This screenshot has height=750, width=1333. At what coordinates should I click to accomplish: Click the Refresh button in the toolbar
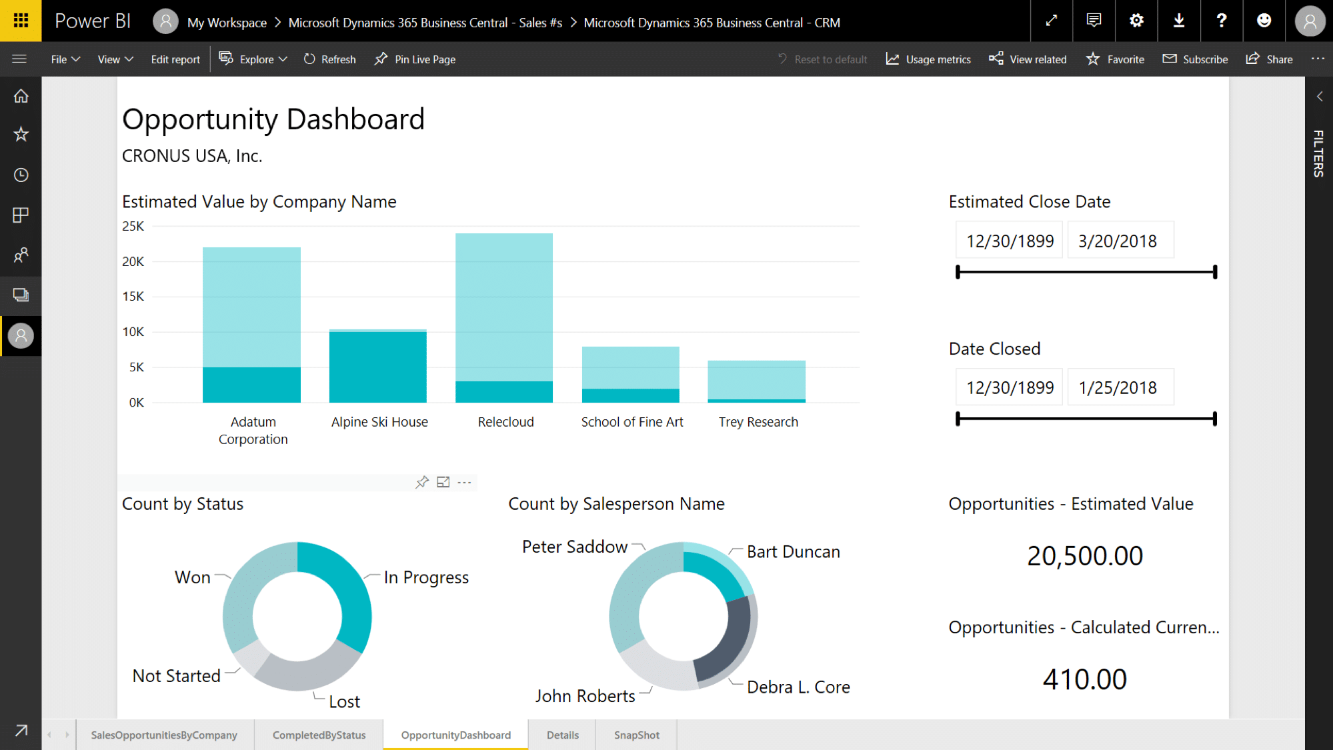click(x=330, y=59)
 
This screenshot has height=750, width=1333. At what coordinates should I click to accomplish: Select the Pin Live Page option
click(x=415, y=59)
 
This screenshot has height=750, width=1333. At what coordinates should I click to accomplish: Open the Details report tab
click(x=562, y=735)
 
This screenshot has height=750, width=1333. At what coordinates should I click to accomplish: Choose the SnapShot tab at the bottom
click(x=636, y=735)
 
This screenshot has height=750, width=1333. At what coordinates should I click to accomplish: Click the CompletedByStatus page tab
click(x=319, y=735)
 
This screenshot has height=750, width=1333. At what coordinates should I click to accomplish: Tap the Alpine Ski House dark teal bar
click(x=378, y=367)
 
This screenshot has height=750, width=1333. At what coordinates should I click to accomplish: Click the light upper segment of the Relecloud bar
click(x=504, y=307)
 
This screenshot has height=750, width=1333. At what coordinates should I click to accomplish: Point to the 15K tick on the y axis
click(x=133, y=297)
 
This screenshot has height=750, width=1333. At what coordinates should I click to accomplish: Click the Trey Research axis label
click(x=758, y=422)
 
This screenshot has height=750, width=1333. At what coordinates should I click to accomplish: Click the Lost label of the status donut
click(x=344, y=702)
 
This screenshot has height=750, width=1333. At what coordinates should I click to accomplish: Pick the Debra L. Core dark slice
click(x=727, y=640)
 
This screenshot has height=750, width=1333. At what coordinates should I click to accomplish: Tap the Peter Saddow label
click(x=575, y=547)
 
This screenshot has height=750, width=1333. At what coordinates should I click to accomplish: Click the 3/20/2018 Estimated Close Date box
click(x=1118, y=241)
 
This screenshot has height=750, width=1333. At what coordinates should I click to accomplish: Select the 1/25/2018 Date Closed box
click(x=1118, y=388)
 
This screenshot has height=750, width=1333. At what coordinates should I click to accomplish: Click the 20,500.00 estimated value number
click(x=1085, y=556)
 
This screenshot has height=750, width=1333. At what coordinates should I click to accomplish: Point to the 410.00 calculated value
click(x=1085, y=679)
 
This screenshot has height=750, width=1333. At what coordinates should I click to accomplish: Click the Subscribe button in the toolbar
click(x=1196, y=59)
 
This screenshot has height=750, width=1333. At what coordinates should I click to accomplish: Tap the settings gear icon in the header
click(x=1137, y=21)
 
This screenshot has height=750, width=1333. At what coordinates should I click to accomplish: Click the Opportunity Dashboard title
click(x=273, y=120)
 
